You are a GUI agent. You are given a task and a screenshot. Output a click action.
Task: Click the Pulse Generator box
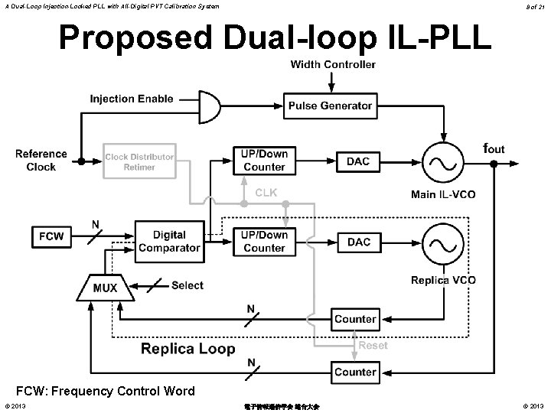click(x=330, y=106)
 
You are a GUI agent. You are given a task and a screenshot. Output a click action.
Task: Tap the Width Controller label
click(x=333, y=64)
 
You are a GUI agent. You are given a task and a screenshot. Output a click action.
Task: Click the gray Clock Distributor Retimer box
click(x=139, y=162)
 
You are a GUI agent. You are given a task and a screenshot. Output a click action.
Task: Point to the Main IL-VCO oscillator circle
click(x=443, y=161)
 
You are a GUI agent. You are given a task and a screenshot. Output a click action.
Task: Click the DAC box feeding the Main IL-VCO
click(x=359, y=161)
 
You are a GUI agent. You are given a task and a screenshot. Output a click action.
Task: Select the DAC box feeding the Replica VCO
click(x=359, y=242)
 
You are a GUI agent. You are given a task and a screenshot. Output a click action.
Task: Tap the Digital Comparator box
click(x=169, y=241)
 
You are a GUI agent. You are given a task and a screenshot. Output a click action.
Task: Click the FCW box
click(x=52, y=237)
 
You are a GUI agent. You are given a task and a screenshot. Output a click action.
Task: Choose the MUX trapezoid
click(x=105, y=288)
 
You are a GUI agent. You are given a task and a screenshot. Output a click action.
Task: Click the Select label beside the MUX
click(x=187, y=285)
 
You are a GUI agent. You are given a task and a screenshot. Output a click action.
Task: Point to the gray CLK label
click(x=266, y=193)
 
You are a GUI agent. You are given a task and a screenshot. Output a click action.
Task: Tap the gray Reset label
click(x=373, y=346)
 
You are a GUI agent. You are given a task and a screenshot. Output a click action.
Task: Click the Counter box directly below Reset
click(x=355, y=372)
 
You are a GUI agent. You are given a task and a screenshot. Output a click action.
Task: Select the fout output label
click(x=494, y=148)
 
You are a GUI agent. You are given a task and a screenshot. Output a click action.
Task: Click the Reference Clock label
click(x=41, y=161)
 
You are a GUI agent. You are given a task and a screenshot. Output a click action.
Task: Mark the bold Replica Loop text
click(x=188, y=349)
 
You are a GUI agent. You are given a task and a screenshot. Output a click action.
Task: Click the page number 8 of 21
click(x=536, y=6)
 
